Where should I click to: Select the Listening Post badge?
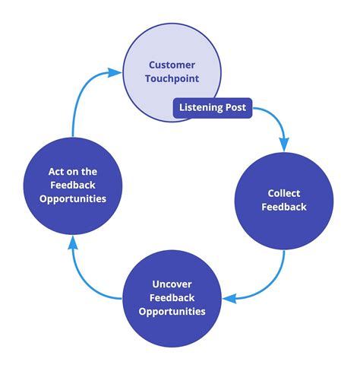pyautogui.click(x=212, y=108)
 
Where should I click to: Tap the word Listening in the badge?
pyautogui.click(x=201, y=108)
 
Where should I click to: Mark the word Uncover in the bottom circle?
pyautogui.click(x=172, y=284)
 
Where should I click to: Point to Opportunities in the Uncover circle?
pyautogui.click(x=172, y=312)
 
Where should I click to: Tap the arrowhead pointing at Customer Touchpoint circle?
pyautogui.click(x=115, y=73)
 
